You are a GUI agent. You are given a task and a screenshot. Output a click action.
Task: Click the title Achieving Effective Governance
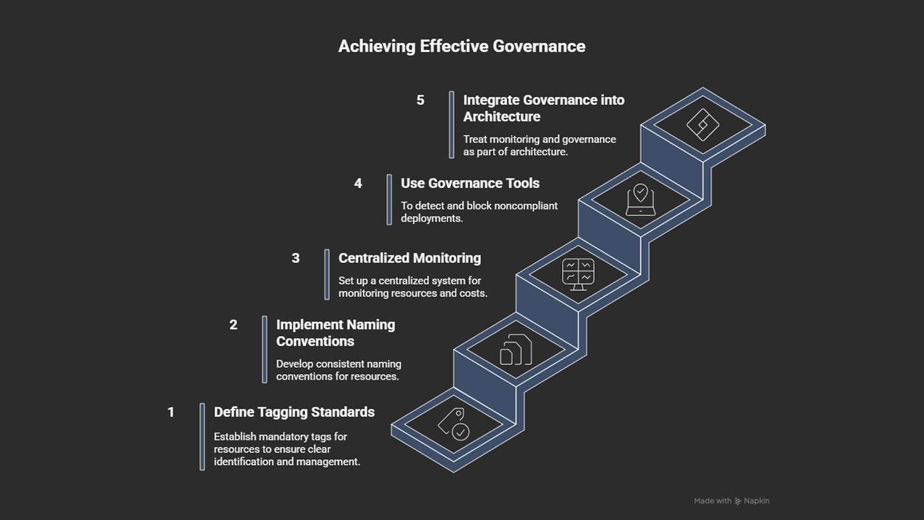coord(462,46)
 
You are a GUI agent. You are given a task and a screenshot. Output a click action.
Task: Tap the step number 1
coord(171,412)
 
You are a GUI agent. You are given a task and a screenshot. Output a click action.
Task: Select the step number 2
coord(233,325)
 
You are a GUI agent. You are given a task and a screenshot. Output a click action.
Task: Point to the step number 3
coord(295,258)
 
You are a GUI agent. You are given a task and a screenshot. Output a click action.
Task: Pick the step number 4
coord(358,184)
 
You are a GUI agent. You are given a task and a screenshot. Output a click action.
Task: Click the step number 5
coord(420,100)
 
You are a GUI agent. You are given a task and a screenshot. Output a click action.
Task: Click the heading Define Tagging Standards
coord(294,412)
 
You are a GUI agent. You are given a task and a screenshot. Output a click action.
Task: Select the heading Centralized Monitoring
coord(409,258)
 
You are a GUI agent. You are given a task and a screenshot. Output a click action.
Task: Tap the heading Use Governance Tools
coord(470,184)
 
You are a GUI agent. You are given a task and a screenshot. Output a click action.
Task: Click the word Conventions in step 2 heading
coord(315,341)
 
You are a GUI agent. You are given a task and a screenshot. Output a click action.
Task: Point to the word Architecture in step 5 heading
coord(501,117)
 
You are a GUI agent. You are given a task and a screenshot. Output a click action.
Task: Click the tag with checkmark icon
coord(454,423)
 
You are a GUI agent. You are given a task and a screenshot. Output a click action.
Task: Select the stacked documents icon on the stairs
coord(516,350)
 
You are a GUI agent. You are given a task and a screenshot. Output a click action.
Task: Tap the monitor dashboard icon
coord(578,274)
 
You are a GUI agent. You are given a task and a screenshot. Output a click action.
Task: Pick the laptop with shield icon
coord(640,200)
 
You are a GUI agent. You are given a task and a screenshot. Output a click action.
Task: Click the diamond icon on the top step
coord(703,125)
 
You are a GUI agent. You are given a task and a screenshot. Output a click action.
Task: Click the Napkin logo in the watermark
coord(738,501)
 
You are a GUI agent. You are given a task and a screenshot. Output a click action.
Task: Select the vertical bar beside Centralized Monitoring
coord(327,274)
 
